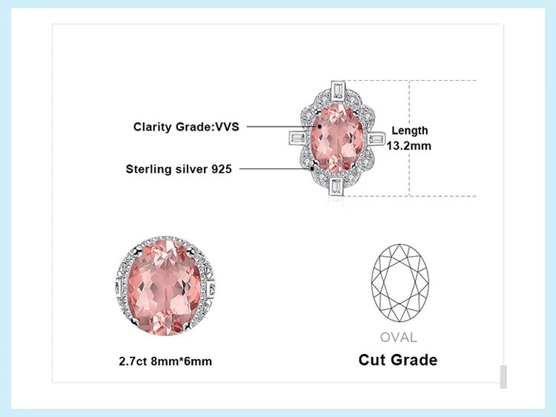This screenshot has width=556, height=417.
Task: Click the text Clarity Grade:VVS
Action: click(185, 127)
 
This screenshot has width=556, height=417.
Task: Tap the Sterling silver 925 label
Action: click(179, 169)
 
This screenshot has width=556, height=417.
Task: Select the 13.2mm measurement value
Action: click(409, 145)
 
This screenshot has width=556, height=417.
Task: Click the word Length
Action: click(409, 131)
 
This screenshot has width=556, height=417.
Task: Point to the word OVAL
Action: click(398, 338)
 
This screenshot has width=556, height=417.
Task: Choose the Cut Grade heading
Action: click(398, 360)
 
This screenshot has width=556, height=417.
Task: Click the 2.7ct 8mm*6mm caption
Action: click(165, 361)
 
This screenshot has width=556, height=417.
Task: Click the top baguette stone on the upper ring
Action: click(337, 90)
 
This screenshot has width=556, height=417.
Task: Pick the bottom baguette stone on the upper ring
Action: click(337, 186)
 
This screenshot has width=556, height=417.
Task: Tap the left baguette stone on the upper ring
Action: click(296, 139)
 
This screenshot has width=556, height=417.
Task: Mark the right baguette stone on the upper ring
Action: click(376, 139)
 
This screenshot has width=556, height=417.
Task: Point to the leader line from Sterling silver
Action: click(274, 169)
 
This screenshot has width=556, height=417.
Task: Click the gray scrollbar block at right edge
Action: click(503, 376)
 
